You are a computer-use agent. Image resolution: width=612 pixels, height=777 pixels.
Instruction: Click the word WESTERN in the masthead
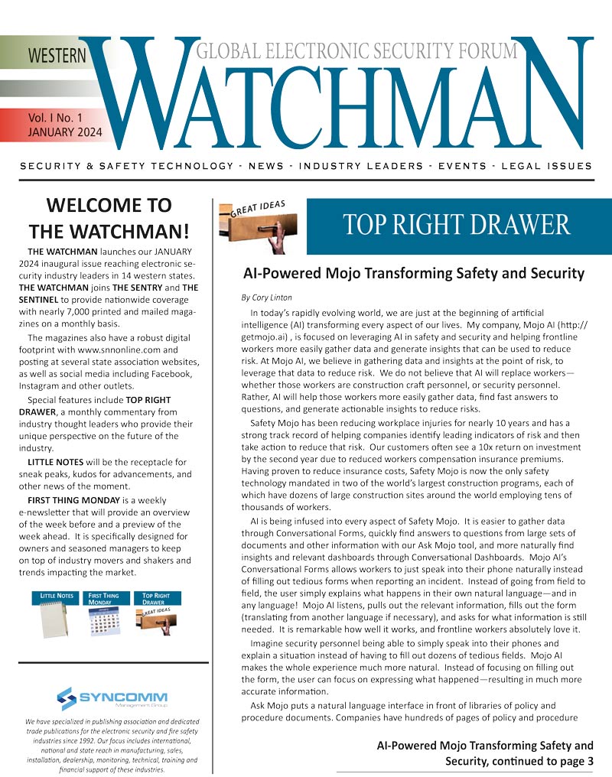(57, 56)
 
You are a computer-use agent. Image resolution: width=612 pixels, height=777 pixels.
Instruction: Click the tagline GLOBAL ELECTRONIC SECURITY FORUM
(356, 52)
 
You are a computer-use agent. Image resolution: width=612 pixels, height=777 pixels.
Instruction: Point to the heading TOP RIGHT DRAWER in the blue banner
(457, 225)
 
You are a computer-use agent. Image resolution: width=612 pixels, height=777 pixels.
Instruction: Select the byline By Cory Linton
(267, 297)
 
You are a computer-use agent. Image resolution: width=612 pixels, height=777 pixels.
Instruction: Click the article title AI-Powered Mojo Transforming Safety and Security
(413, 273)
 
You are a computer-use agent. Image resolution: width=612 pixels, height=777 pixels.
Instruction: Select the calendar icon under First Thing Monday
(104, 622)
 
